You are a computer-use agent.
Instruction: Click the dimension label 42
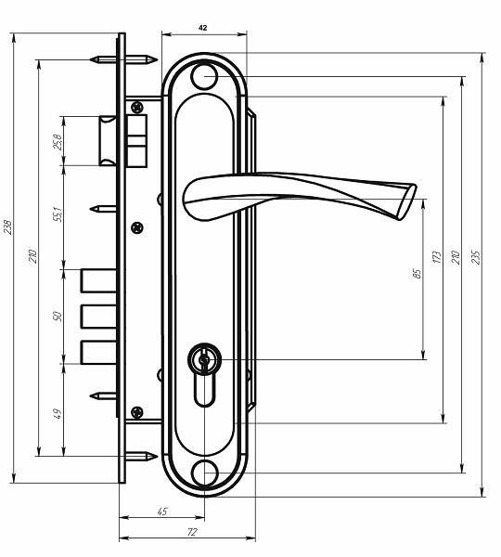pos(203,28)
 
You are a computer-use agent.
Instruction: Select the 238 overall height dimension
pos(7,227)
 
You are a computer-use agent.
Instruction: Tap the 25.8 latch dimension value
pos(58,142)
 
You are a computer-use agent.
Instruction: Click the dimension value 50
pos(58,317)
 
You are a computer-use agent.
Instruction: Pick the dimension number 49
pos(58,413)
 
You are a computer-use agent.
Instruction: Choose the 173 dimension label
pos(437,256)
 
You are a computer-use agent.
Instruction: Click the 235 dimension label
pos(476,257)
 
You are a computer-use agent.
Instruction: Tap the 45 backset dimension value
pos(162,512)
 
